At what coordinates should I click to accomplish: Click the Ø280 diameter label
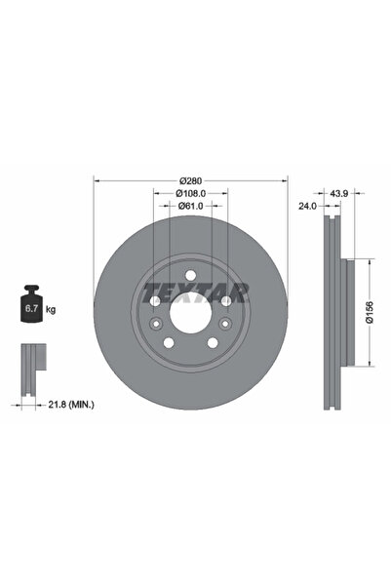pyautogui.click(x=191, y=180)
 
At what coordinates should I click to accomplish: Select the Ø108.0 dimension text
pyautogui.click(x=191, y=193)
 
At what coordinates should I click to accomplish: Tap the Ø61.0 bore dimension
pyautogui.click(x=191, y=206)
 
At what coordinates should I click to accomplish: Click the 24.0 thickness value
pyautogui.click(x=308, y=207)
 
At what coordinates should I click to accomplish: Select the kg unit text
pyautogui.click(x=51, y=309)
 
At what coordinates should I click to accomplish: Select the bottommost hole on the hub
pyautogui.click(x=191, y=350)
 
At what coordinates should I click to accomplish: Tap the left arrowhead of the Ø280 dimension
pyautogui.click(x=96, y=180)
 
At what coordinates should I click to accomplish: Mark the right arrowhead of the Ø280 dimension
pyautogui.click(x=288, y=180)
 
